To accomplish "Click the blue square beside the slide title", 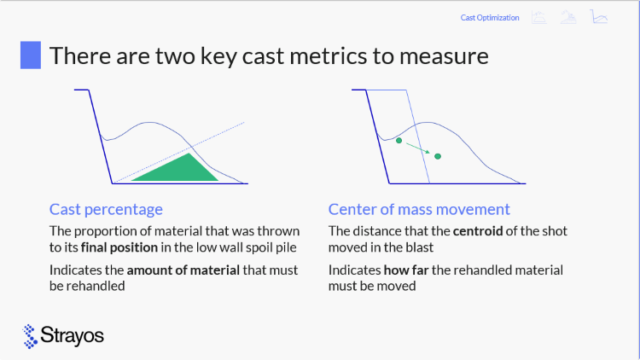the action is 31,55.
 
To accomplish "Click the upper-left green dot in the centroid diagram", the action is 399,141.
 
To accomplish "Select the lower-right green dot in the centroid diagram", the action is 438,156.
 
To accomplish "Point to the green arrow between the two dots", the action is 418,148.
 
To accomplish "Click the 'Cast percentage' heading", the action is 106,209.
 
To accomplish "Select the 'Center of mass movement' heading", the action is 419,209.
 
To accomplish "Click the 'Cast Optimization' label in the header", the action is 490,18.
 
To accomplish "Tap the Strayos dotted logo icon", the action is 30,336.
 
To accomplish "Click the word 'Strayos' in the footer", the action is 73,336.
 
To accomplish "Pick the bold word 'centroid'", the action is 478,231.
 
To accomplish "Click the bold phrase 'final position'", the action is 119,247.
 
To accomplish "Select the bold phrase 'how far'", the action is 406,270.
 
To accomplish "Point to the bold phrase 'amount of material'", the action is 183,270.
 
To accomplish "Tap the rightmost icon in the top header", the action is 599,17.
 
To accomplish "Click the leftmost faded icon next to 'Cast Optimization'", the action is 539,17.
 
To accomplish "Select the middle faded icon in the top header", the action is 568,17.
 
